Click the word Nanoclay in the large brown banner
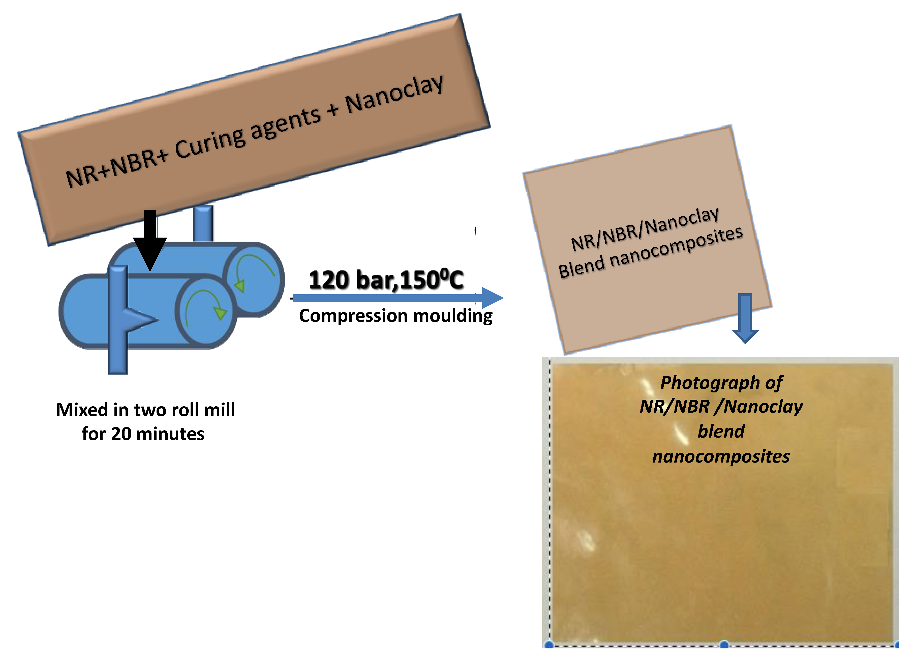click(x=394, y=94)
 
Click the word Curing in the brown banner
click(x=210, y=144)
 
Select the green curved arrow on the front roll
click(x=205, y=306)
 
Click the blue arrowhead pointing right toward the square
click(x=492, y=298)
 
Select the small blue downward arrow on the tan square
click(x=745, y=318)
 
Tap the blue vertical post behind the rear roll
click(x=203, y=223)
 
